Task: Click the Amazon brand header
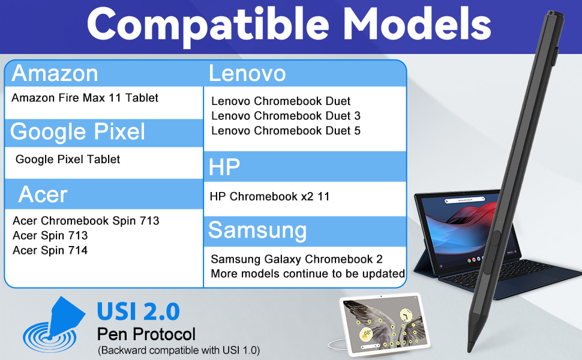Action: tap(55, 73)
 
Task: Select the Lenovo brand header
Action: tap(247, 73)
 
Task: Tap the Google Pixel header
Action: tap(77, 132)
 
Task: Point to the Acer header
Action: tap(43, 194)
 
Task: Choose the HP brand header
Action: tap(224, 167)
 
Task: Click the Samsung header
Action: tap(257, 231)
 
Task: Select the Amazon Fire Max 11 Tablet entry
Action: tap(85, 98)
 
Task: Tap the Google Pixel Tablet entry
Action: tap(68, 159)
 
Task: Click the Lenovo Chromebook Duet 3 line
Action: tap(286, 116)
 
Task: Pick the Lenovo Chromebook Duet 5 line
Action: tap(286, 131)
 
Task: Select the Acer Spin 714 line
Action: tap(50, 251)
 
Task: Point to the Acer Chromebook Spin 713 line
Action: tap(86, 221)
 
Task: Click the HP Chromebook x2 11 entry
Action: tap(270, 196)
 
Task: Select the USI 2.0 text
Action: tap(139, 311)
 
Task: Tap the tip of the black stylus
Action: tap(470, 350)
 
